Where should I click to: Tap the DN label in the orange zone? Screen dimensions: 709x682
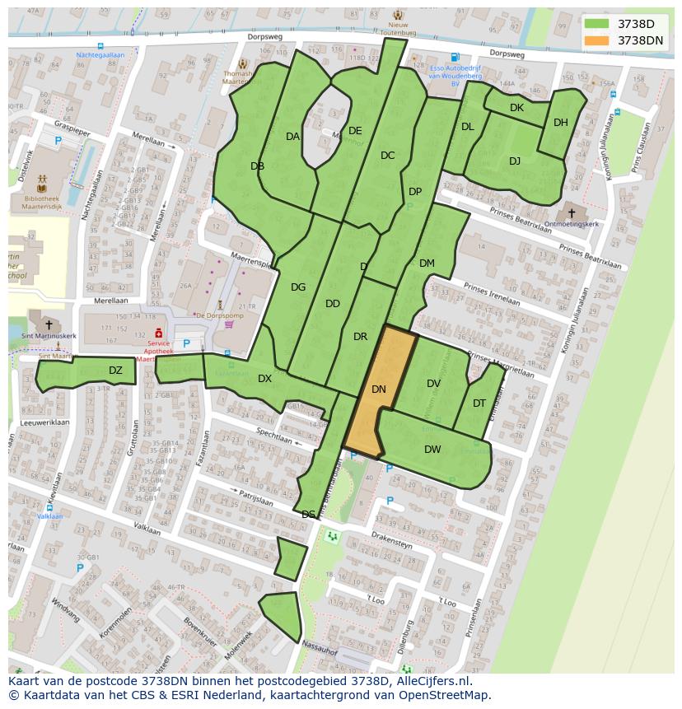click(379, 389)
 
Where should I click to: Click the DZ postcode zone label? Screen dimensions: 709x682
click(115, 371)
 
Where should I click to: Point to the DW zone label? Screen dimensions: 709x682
click(432, 449)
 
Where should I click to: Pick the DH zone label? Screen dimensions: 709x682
click(561, 123)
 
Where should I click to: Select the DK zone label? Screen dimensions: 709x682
click(516, 108)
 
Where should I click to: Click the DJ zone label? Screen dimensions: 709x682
click(515, 161)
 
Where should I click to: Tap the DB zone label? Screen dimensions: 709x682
click(257, 166)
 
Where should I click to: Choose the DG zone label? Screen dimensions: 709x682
click(298, 287)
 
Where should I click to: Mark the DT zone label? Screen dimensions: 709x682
click(479, 403)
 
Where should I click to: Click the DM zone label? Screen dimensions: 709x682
click(427, 264)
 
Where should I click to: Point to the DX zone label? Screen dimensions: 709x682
click(264, 379)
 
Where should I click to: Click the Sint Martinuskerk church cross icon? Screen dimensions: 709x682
click(49, 325)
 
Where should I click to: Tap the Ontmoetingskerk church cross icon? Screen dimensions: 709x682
click(572, 213)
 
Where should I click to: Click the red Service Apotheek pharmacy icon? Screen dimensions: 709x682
click(157, 333)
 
